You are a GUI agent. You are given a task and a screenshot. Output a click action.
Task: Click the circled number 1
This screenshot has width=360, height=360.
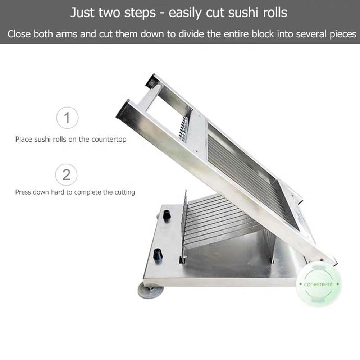point(67,118)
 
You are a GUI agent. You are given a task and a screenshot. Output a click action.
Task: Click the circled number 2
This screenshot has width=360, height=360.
point(66,175)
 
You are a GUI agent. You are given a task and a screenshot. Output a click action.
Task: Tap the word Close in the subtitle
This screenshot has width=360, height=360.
point(19,34)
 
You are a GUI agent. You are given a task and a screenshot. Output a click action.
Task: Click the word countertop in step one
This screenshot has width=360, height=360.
point(109,140)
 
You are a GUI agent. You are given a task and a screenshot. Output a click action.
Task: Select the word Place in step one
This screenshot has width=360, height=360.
point(24,139)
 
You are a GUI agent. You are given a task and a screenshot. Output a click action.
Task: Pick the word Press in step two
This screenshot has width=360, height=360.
point(23,192)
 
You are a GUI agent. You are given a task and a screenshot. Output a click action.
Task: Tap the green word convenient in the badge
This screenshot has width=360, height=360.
point(318,284)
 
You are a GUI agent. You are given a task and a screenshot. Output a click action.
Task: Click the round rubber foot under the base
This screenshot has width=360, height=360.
point(151,291)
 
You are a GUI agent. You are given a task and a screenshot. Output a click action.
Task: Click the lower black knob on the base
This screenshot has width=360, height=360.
point(158,254)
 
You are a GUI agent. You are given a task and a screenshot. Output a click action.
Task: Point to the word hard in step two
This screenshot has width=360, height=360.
point(58,192)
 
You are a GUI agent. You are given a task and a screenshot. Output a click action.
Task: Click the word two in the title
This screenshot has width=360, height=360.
point(110,13)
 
